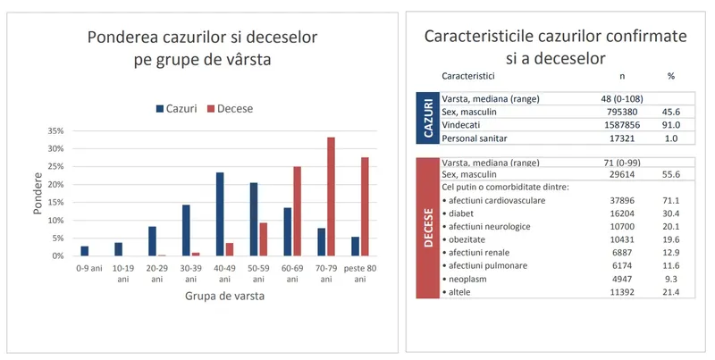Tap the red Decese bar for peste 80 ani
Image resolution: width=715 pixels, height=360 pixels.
(x=365, y=206)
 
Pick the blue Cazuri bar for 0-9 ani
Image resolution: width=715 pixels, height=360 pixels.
(x=85, y=251)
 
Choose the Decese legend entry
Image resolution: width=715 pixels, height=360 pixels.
(x=230, y=109)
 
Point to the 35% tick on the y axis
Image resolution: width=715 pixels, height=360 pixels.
(x=55, y=130)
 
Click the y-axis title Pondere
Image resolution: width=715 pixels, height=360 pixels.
(x=38, y=193)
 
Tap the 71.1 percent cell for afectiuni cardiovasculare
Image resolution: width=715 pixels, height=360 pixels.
(x=670, y=201)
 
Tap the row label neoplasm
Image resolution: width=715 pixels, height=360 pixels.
(x=470, y=279)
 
